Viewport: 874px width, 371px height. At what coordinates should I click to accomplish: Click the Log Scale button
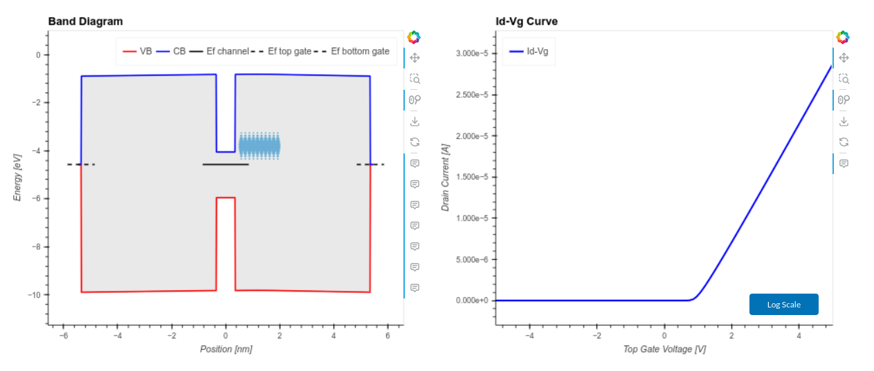(x=783, y=305)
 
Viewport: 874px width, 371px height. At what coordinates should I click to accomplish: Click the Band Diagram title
(x=85, y=21)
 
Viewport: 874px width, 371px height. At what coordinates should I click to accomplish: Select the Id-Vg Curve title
(x=527, y=21)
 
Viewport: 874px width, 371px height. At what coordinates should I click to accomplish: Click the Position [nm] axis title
(x=226, y=349)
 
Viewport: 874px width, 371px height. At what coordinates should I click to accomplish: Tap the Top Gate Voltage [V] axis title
(x=664, y=349)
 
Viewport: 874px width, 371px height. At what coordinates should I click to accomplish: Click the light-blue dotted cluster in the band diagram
(x=259, y=146)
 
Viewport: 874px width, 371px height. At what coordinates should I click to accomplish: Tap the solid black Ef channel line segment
(x=226, y=164)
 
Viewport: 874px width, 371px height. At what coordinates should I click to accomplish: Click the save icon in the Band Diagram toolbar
(x=415, y=121)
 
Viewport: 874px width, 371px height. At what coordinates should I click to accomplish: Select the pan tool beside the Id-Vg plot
(x=843, y=58)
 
